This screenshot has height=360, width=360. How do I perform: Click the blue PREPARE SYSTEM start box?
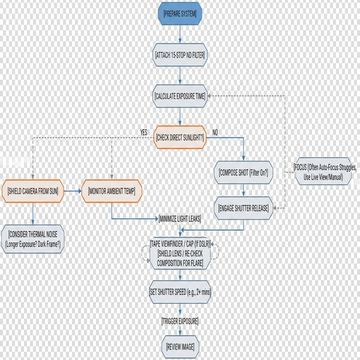click(x=180, y=13)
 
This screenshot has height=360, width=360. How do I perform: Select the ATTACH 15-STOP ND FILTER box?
click(x=180, y=55)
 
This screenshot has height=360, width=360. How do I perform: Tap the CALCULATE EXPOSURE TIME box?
click(x=180, y=96)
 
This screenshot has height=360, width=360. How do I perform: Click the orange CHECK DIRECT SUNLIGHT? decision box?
click(x=180, y=137)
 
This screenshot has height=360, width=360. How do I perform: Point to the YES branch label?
click(x=144, y=132)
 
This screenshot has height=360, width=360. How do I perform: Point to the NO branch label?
click(x=215, y=132)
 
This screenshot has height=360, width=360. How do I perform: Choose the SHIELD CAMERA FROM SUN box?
click(x=33, y=191)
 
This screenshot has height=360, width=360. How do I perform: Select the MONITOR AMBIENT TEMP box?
click(x=111, y=191)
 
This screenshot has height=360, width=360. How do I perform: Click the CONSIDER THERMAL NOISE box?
click(x=33, y=239)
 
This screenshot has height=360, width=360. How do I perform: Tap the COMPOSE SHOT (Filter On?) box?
click(x=243, y=173)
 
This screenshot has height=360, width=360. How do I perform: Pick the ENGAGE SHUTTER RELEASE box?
click(x=243, y=208)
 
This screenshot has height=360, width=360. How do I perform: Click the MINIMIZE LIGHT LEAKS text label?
click(x=180, y=218)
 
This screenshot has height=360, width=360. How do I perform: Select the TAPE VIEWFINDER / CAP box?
click(x=180, y=253)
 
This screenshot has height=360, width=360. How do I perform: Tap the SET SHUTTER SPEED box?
click(x=180, y=291)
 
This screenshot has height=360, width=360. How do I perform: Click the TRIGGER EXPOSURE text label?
click(x=180, y=321)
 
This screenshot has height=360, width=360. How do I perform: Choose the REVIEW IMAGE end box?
click(x=180, y=347)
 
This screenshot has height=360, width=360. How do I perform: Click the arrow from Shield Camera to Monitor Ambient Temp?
click(x=73, y=191)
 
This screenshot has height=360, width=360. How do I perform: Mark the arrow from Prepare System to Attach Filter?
click(x=180, y=34)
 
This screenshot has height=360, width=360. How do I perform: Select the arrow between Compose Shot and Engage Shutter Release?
click(x=243, y=190)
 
